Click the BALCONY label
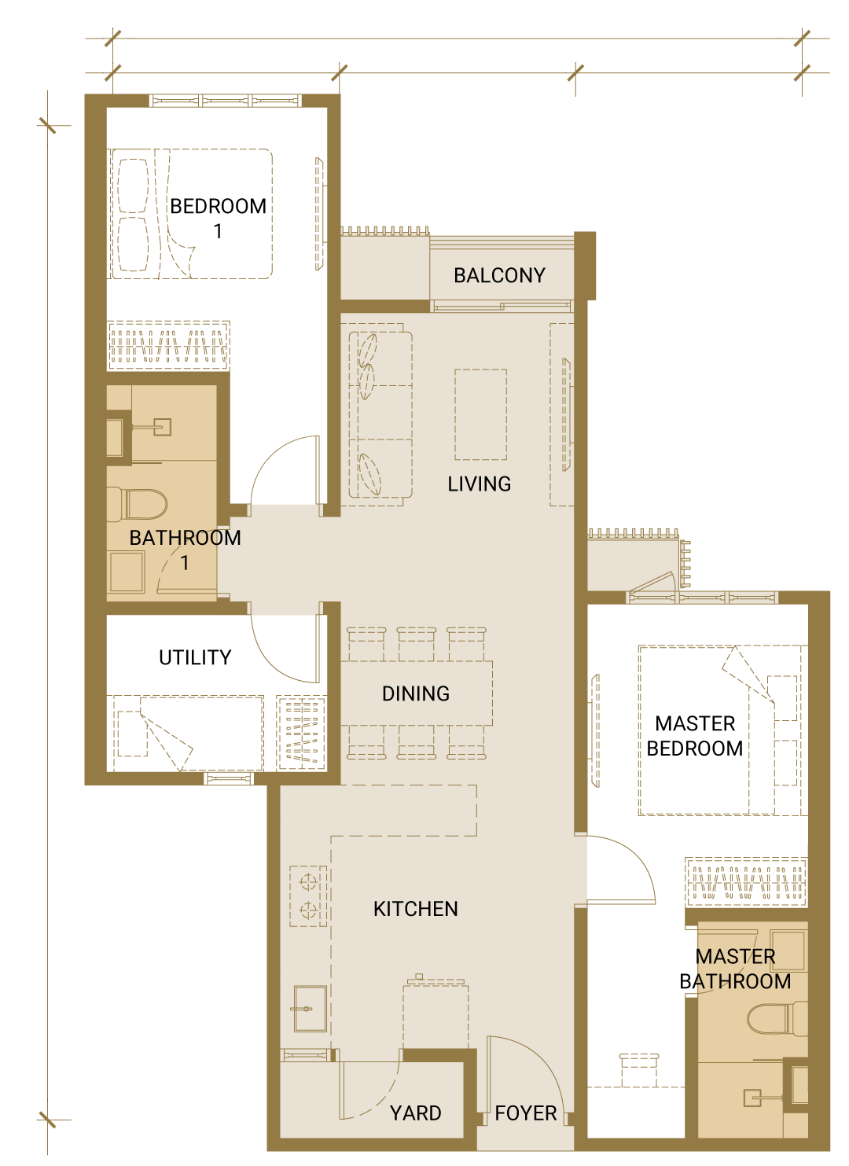[x=499, y=275]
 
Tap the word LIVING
[x=479, y=484]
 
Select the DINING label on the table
[x=415, y=694]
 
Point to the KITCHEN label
[x=415, y=909]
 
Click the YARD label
[x=415, y=1113]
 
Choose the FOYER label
[x=526, y=1113]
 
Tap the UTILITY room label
[x=195, y=657]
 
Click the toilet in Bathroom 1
[x=137, y=504]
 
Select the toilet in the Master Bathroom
[x=777, y=1018]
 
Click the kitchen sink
[x=311, y=1009]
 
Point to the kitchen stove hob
[x=309, y=896]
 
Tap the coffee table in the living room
[x=480, y=414]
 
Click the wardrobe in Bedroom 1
[x=168, y=345]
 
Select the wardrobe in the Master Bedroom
[x=746, y=881]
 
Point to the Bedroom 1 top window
[x=226, y=101]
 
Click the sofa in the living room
[x=380, y=414]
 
